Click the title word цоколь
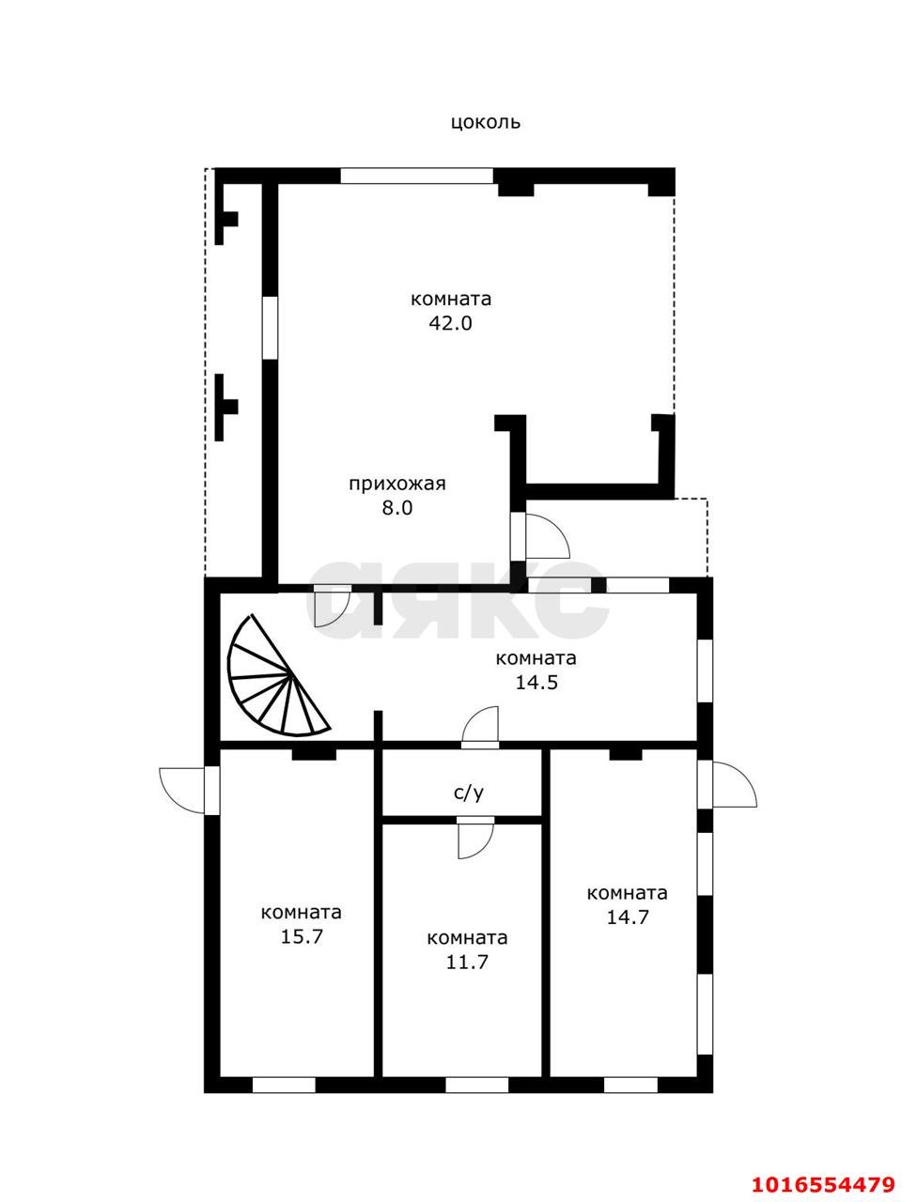pos(486,123)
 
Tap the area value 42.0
pos(450,324)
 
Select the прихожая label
pos(397,484)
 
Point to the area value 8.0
pos(397,508)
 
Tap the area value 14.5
pos(536,683)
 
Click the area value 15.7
pos(302,936)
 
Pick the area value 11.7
pos(467,962)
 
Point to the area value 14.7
pos(628,917)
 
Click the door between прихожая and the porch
pos(539,536)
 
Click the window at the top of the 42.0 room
pos(417,176)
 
